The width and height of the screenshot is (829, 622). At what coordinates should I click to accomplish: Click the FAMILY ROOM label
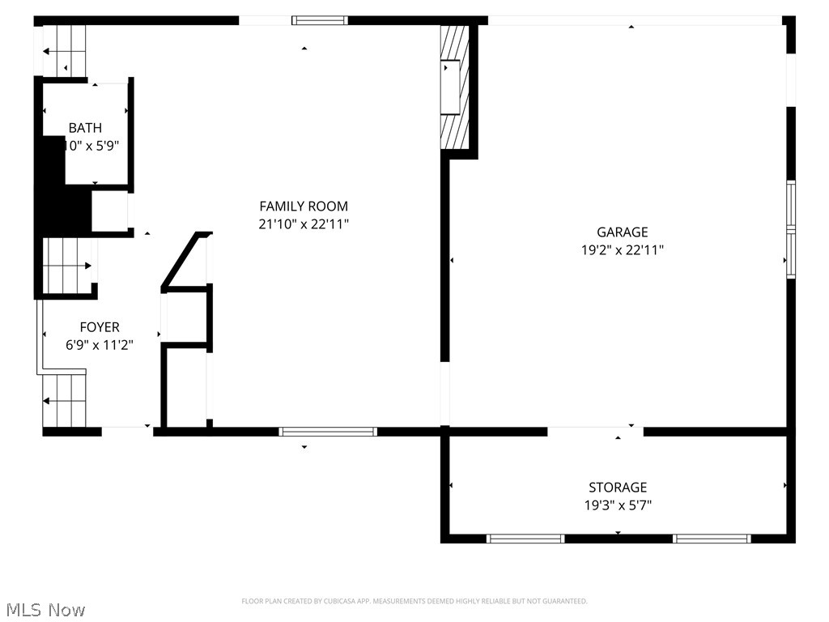coord(304,207)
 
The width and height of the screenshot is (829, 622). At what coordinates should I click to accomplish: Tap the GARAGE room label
coord(623,232)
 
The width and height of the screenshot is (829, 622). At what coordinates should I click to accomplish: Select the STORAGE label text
coord(618,488)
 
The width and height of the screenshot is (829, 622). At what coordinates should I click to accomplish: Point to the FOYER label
coord(100,327)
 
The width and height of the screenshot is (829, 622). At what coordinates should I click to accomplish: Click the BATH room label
coord(85,128)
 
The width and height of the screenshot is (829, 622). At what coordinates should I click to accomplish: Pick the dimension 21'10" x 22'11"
coord(304,224)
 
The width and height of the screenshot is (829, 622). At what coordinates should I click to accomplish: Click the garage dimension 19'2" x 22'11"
coord(623,250)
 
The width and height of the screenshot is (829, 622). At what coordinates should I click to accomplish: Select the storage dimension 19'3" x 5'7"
coord(618,505)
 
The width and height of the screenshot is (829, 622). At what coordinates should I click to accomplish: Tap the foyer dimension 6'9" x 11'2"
coord(100,345)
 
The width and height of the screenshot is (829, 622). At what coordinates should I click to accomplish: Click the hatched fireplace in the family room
coord(454,87)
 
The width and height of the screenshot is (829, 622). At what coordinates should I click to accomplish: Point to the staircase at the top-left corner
coord(65,51)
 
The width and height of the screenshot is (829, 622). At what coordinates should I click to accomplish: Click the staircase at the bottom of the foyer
coord(65,400)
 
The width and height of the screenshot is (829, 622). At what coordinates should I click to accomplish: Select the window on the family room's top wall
coord(320,20)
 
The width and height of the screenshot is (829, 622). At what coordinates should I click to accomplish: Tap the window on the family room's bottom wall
coord(328,432)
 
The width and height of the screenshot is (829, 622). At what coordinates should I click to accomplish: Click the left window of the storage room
coord(525,538)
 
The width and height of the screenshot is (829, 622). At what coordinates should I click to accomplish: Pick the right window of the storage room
coord(712,538)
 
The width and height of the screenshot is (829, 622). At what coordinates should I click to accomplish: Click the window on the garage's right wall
coord(791,230)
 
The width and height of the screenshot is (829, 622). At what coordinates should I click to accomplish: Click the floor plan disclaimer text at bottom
coord(414,601)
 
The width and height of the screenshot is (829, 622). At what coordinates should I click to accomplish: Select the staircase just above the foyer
coord(67,265)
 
